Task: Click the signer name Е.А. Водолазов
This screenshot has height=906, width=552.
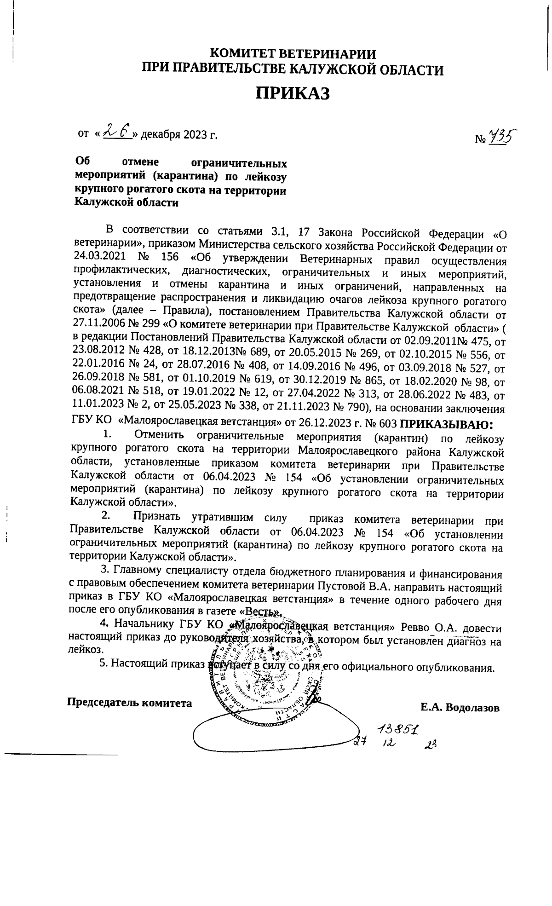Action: (460, 707)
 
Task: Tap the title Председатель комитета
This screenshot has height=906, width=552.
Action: (130, 703)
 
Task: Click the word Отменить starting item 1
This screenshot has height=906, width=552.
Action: (159, 434)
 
